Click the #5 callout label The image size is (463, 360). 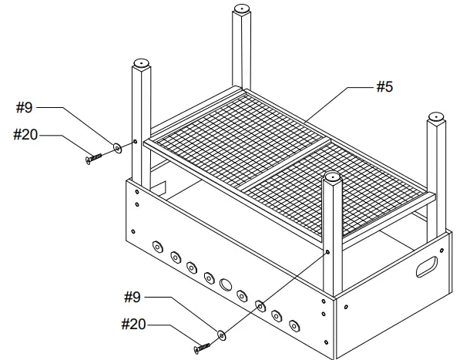point(384,87)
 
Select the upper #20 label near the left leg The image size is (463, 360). point(26,134)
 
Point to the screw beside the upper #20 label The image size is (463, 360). point(91,158)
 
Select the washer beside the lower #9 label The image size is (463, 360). point(223,335)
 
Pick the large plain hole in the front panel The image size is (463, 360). point(226,284)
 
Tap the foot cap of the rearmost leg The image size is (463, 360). point(242,10)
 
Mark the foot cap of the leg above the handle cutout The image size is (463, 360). point(437,117)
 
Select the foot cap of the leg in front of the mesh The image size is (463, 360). point(332,178)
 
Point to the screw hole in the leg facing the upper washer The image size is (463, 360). point(136,142)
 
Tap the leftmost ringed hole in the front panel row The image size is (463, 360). point(157,247)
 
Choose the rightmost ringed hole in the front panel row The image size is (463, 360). point(294,324)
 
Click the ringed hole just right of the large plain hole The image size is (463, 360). point(242,294)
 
